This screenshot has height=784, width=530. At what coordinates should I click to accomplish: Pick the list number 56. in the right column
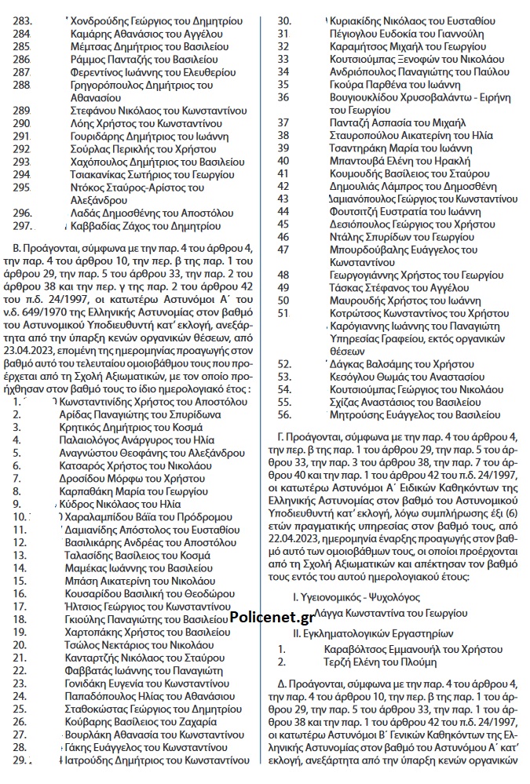tap(285, 414)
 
